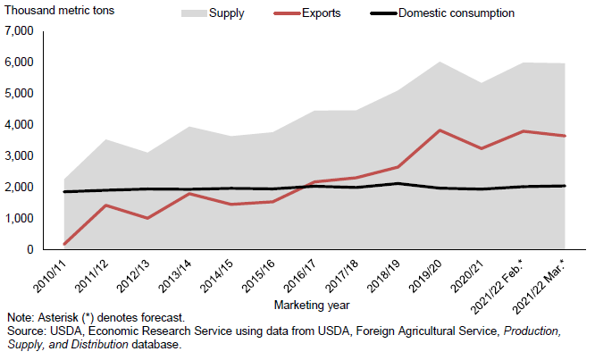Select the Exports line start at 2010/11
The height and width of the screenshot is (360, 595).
pyautogui.click(x=63, y=244)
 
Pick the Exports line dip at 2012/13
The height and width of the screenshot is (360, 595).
pyautogui.click(x=147, y=218)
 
